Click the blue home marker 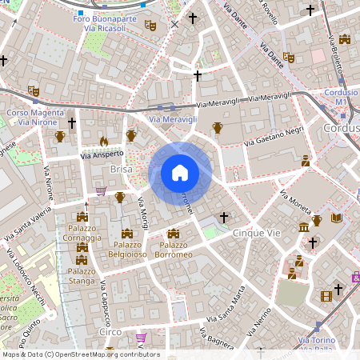pos(180,172)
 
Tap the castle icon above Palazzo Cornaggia pos(82,217)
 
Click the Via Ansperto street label pos(102,154)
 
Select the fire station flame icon pos(103,141)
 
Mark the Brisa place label pos(121,170)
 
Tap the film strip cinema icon pos(326,296)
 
